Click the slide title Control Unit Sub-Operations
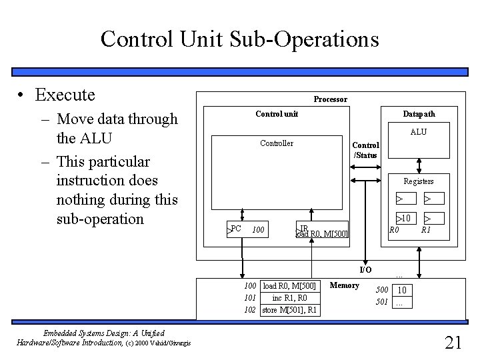[x=239, y=39]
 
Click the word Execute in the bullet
[x=65, y=95]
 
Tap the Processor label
[x=330, y=99]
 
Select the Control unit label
[x=277, y=114]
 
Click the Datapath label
[x=419, y=114]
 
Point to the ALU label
[x=419, y=132]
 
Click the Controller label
[x=277, y=143]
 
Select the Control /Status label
[x=365, y=150]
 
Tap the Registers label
[x=418, y=181]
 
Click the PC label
[x=236, y=229]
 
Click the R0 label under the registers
[x=394, y=230]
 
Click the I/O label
[x=365, y=270]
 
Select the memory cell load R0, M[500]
[x=290, y=286]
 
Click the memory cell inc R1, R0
[x=290, y=298]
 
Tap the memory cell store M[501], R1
[x=290, y=310]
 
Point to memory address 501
[x=381, y=302]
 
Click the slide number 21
[x=453, y=343]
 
